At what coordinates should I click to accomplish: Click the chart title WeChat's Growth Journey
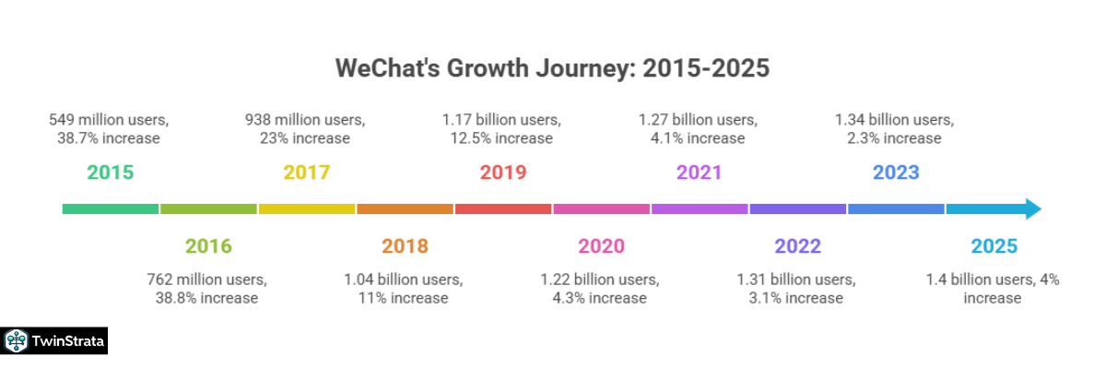552,68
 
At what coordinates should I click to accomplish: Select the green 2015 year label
111,173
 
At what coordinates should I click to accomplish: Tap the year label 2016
208,246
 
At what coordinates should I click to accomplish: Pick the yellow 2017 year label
307,173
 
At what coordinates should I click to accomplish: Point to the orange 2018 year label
405,246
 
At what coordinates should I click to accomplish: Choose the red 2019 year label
503,173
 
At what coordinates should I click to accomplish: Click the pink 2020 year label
601,246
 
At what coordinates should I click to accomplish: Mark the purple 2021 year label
699,173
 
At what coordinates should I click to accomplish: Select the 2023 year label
896,173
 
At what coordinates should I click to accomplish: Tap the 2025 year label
994,246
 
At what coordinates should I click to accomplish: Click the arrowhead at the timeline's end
1033,209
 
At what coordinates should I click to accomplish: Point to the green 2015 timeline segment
111,209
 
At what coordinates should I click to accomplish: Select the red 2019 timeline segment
503,209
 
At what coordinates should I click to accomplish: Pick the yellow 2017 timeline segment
307,209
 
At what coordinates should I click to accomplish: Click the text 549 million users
109,120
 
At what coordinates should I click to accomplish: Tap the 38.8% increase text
207,298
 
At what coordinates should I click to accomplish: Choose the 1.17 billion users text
501,120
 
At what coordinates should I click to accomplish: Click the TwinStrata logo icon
16,340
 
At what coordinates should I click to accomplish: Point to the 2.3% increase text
895,138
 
